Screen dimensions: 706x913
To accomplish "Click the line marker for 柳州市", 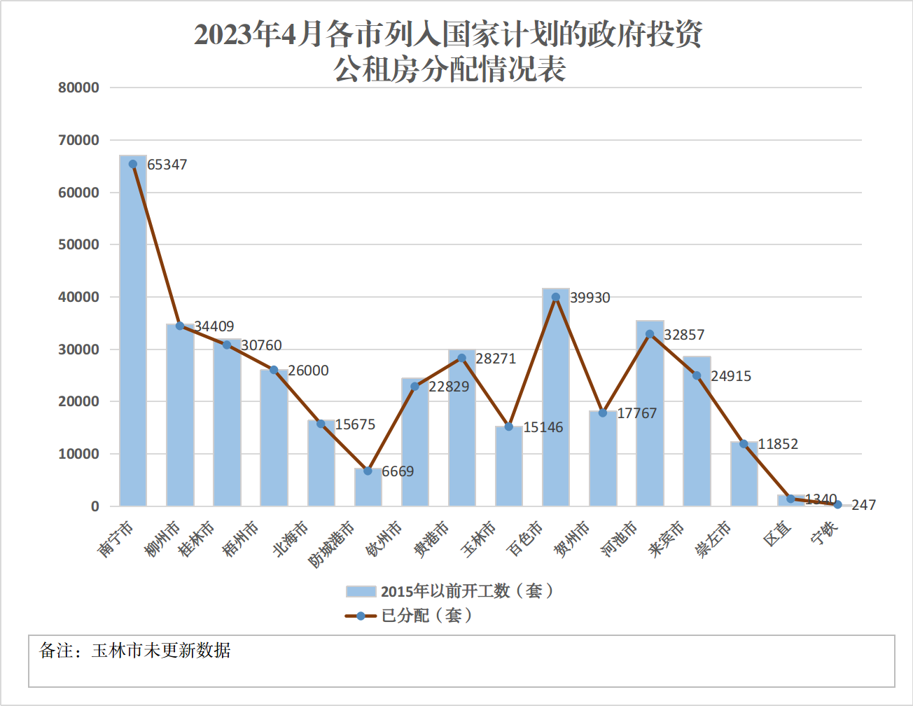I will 180,326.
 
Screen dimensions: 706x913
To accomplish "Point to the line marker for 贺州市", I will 603,413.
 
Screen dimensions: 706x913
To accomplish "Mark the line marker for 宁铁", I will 837,504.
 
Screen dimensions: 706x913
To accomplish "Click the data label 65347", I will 167,165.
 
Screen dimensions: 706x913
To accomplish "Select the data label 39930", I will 590,298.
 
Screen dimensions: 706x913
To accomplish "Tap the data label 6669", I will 398,471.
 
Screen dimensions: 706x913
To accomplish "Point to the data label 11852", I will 778,444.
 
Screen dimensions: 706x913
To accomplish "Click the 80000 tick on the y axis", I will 78,88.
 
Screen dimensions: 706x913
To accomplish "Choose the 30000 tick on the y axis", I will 78,349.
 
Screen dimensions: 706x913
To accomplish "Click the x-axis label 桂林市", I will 197,539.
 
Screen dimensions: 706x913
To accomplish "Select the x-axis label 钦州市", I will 384,539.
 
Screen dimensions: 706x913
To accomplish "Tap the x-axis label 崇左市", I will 713,539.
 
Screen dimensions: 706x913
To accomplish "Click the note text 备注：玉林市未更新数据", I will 135,651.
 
